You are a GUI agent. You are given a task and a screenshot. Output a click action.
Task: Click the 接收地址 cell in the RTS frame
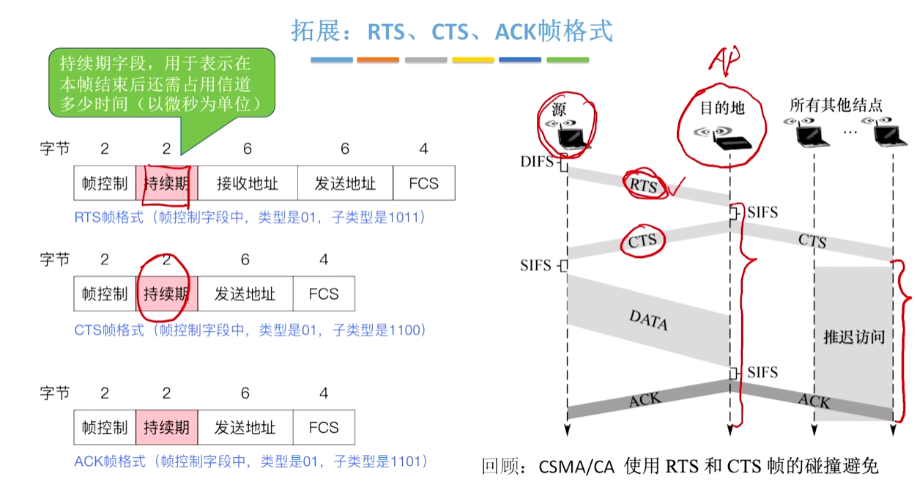248,183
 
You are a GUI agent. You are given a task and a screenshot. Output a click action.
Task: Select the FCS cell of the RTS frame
424,183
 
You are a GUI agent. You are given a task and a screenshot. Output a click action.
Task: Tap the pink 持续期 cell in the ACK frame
166,427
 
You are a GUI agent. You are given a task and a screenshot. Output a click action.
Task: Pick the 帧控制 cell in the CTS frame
105,294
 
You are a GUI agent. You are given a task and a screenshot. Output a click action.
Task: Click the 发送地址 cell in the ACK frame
245,427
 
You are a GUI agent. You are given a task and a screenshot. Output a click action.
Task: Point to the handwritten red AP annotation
724,61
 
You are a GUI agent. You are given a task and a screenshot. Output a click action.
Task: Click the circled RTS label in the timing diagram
643,185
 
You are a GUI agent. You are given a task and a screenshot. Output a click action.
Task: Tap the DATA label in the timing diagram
648,320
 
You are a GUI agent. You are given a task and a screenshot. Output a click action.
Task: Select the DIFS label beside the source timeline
537,162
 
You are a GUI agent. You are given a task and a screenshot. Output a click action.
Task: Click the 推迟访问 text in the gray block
854,337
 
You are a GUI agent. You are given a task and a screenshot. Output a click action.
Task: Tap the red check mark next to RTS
676,186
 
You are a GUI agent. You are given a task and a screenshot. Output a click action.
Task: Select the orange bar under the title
378,60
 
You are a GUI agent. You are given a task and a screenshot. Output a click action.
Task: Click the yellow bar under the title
473,60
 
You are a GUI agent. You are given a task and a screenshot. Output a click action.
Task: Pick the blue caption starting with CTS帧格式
250,330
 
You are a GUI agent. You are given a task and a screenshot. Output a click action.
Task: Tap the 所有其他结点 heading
836,105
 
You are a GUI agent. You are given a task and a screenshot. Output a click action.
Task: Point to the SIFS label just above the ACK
762,372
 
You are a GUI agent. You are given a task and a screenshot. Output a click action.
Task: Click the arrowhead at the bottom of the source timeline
567,430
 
